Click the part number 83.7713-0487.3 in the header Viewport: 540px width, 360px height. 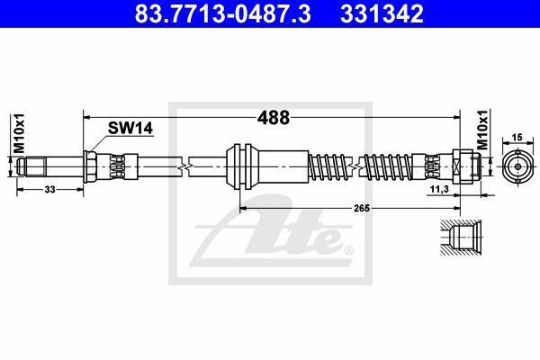coord(222,14)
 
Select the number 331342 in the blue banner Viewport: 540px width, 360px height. coord(382,14)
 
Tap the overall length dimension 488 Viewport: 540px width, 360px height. coord(274,118)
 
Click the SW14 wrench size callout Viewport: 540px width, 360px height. coord(130,128)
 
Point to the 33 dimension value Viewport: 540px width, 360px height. coord(49,189)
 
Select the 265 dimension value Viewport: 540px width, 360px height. coord(362,208)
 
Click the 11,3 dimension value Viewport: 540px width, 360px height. coord(440,189)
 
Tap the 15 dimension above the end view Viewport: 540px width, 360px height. coord(517,138)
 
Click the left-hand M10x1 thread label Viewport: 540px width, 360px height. coord(19,133)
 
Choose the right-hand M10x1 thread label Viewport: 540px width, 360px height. coord(482,130)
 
